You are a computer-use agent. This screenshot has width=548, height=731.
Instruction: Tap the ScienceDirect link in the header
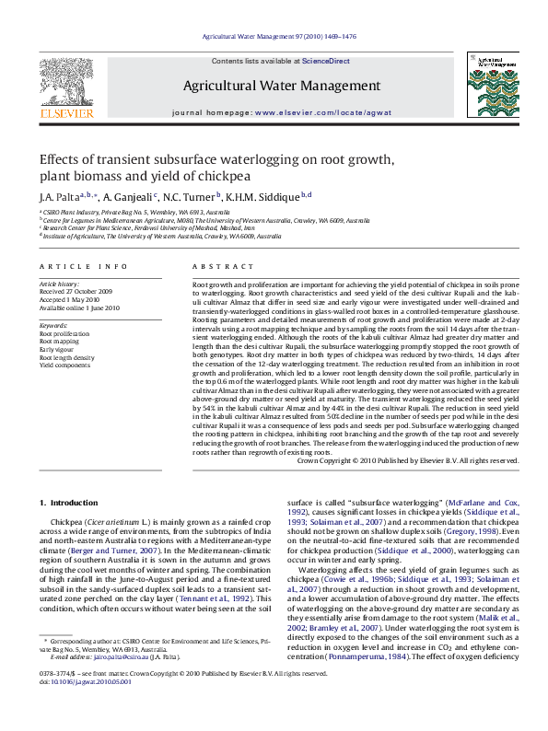[326, 61]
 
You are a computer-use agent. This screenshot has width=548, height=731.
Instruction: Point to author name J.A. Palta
[56, 197]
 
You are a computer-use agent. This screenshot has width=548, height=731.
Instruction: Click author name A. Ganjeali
[129, 197]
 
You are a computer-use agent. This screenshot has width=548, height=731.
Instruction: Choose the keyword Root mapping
[60, 340]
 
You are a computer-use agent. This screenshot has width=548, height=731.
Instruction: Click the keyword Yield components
[64, 365]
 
